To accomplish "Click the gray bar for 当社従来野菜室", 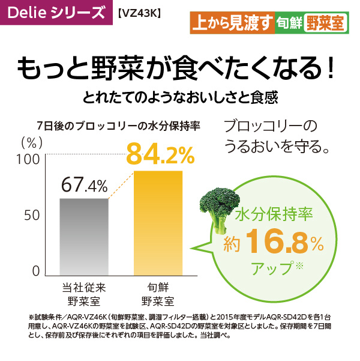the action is coord(84,237).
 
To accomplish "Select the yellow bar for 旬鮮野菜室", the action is coord(158,223).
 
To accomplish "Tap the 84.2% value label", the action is coord(160,154).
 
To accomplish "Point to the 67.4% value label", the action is coord(84,184).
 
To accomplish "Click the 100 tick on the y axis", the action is coord(28,159).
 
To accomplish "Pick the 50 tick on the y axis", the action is coord(32,215).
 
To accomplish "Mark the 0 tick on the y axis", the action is coord(36,272).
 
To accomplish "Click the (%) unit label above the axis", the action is coord(32,143).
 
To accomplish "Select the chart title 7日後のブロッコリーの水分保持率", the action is coord(119,126).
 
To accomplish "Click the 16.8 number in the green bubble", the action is coord(277,241).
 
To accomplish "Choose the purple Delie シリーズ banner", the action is coord(56,13).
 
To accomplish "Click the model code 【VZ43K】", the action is coord(139,14).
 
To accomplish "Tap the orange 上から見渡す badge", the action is coord(233,23).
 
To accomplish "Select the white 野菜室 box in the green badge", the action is coord(325,23).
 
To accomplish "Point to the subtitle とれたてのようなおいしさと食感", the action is coord(180,98).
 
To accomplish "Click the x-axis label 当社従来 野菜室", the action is coord(84,294).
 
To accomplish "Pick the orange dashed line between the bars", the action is coord(121,185).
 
